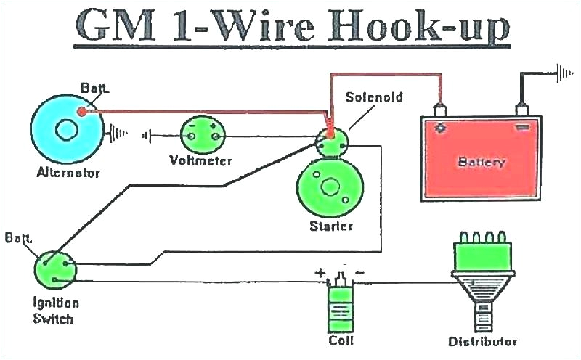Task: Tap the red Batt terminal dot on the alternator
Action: pos(81,112)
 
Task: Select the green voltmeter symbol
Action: pos(203,133)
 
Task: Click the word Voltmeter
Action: pos(200,160)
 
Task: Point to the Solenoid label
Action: pos(373,97)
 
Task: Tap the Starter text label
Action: pos(330,226)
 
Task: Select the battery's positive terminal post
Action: pos(439,110)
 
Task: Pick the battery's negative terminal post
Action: pos(521,110)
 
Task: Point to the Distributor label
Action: pos(482,341)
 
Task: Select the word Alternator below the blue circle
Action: pos(68,173)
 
